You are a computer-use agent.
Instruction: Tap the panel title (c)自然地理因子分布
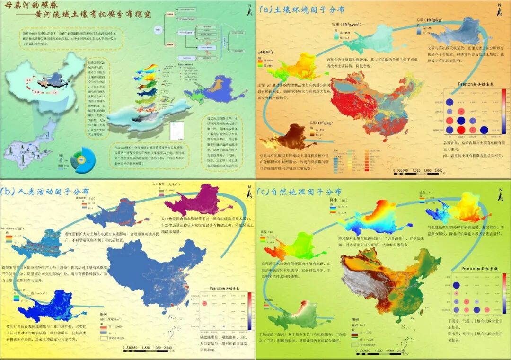point(299,192)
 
